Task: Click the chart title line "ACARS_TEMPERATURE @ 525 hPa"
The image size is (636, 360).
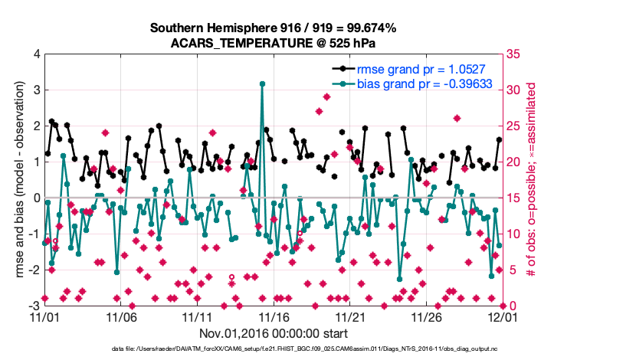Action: (273, 43)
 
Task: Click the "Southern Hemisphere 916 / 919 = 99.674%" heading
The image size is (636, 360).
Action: (273, 28)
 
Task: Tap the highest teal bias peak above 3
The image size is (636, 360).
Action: (262, 83)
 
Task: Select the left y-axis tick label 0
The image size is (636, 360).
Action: (36, 198)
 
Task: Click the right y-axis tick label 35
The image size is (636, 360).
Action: (514, 54)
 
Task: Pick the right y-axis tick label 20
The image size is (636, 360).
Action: (514, 162)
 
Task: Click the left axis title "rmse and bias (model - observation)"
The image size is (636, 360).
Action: (17, 179)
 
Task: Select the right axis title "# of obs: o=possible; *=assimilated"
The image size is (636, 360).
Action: (529, 179)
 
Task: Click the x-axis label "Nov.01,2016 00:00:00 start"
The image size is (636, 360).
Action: (274, 333)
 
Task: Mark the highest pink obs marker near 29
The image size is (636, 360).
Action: (326, 97)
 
